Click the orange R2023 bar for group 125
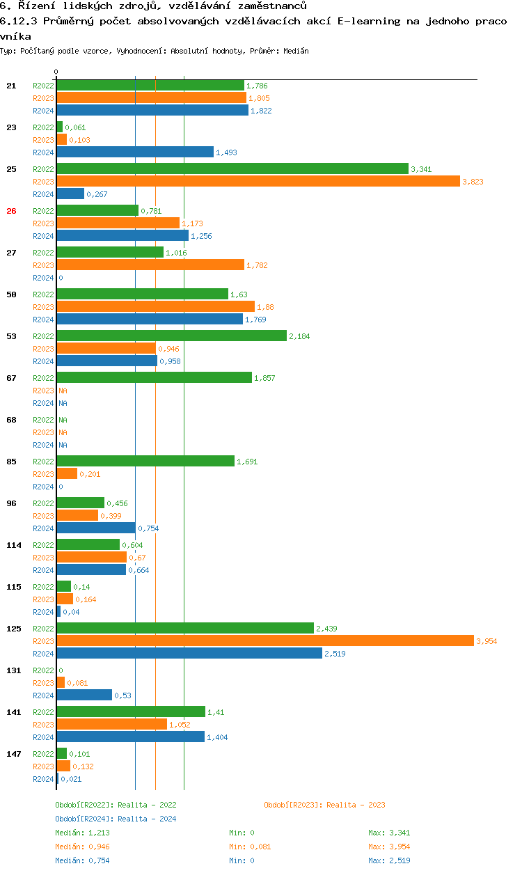click(x=264, y=641)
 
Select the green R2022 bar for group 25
click(x=232, y=169)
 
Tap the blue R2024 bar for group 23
click(x=134, y=152)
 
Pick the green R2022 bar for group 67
click(x=154, y=378)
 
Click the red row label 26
click(x=11, y=211)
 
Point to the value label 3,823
click(x=473, y=182)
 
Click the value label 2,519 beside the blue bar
click(x=335, y=654)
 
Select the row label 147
click(x=13, y=754)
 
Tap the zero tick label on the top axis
click(x=56, y=72)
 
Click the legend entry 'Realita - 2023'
click(x=324, y=805)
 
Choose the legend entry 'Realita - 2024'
click(x=116, y=819)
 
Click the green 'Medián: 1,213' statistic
click(x=82, y=833)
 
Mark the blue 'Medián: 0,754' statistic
click(x=82, y=860)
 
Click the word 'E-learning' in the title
click(x=368, y=21)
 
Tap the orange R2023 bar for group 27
click(x=150, y=265)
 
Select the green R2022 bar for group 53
click(x=171, y=336)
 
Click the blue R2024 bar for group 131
click(x=84, y=695)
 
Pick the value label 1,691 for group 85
click(x=247, y=462)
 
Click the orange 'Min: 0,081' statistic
click(x=250, y=847)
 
